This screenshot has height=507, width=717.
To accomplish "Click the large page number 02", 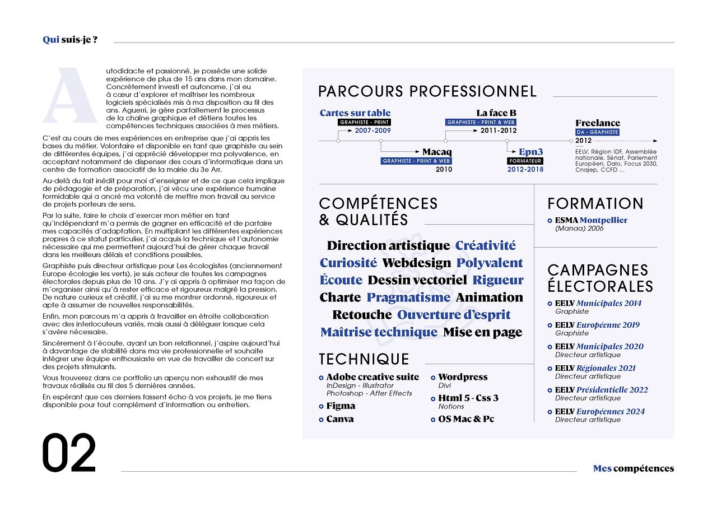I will point(69,453).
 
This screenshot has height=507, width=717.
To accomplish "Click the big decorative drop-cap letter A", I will point(70,96).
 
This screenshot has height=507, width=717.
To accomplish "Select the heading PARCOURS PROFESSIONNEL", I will point(427,91).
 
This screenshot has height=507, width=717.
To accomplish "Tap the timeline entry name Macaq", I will point(437,152).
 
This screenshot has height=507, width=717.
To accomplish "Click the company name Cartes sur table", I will point(355,113).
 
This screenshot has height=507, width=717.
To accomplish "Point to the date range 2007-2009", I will point(373,131).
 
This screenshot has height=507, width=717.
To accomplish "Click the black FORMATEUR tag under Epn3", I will point(525,161).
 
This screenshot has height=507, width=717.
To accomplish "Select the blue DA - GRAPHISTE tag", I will point(597,132).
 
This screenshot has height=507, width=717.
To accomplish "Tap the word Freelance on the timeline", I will point(598,123).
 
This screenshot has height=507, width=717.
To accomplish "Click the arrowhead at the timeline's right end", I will point(655,141).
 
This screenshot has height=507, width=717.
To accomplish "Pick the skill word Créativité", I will point(485,245).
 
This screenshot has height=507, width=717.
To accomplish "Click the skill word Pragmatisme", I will point(408,297).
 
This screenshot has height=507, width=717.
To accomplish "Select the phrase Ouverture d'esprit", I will point(454,315).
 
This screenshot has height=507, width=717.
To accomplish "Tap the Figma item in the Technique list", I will point(341,406).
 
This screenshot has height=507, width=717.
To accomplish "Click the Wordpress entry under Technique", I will point(463,377).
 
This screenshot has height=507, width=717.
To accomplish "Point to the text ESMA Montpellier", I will point(591,220).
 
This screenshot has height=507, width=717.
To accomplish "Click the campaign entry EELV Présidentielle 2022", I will point(601,390).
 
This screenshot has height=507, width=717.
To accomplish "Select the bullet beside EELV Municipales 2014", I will point(550,304).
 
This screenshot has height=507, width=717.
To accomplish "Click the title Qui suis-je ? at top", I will point(70,39).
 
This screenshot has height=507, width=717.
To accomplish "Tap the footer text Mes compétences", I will point(634,468).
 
